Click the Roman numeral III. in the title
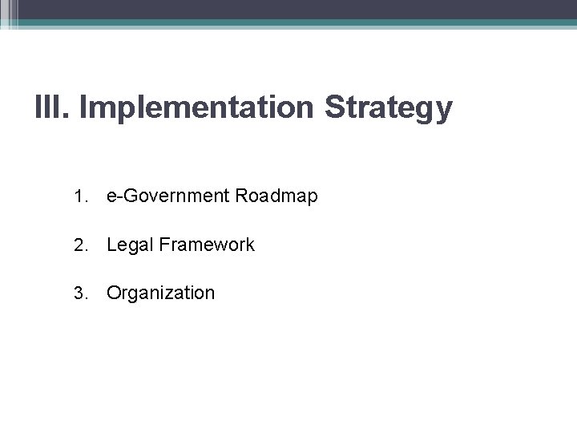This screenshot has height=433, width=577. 54,108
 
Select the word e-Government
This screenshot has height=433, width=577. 164,196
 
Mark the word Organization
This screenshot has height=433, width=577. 160,293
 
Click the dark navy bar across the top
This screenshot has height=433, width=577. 288,9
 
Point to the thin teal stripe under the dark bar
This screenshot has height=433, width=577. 288,24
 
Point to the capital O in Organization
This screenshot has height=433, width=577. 113,293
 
